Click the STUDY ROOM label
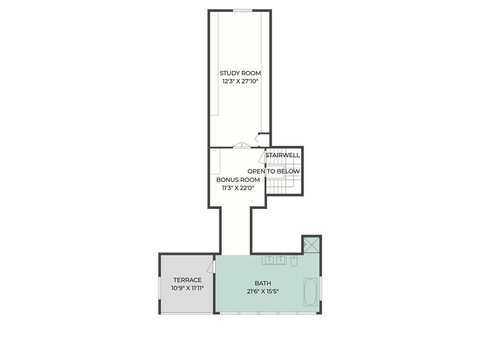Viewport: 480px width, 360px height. click(240, 73)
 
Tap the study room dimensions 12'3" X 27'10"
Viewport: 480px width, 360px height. click(240, 82)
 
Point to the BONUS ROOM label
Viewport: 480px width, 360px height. click(238, 180)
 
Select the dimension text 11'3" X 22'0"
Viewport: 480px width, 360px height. click(238, 188)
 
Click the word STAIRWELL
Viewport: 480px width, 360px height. click(283, 155)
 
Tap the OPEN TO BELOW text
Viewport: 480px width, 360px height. click(274, 172)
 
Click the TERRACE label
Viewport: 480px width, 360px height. click(187, 280)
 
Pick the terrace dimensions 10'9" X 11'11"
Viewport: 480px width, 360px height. click(187, 288)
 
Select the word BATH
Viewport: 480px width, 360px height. click(263, 284)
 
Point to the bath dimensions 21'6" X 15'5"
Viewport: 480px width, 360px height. click(263, 292)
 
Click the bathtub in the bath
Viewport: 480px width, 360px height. click(311, 292)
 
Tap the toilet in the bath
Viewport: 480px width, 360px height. click(294, 261)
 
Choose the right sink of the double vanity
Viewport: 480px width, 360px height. click(281, 260)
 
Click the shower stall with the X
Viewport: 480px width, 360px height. click(311, 244)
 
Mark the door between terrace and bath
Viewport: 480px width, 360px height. click(211, 267)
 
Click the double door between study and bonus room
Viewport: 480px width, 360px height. click(242, 145)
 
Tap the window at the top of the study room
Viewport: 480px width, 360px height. click(243, 11)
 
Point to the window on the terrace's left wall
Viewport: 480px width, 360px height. click(159, 288)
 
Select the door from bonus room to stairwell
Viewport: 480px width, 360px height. click(262, 157)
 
